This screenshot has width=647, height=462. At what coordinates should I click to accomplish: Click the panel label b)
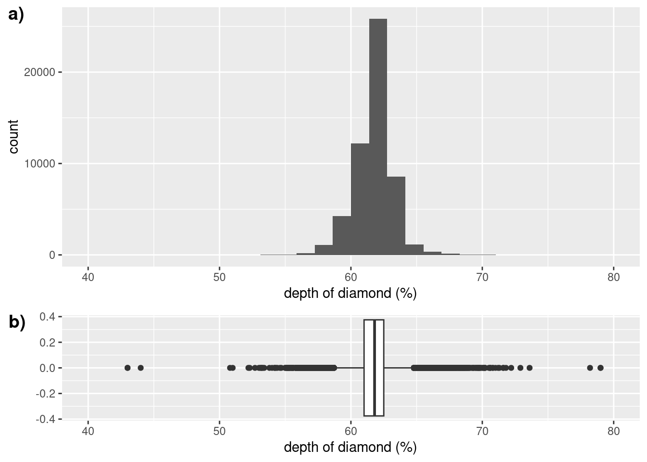(17, 322)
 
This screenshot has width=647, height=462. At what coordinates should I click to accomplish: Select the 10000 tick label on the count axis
(39, 164)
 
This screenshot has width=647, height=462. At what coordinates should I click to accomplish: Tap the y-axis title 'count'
(13, 137)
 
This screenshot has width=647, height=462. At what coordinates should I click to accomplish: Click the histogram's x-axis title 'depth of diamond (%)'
(350, 293)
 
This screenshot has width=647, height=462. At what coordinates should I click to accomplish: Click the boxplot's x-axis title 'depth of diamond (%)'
(350, 447)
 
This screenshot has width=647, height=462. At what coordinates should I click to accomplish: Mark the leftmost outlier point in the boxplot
(128, 368)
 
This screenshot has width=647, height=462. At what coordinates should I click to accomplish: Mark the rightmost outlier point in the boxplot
(600, 368)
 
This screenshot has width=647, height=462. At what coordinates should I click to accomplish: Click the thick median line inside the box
(375, 368)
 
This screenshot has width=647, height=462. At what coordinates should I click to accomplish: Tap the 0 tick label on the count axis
(52, 255)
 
